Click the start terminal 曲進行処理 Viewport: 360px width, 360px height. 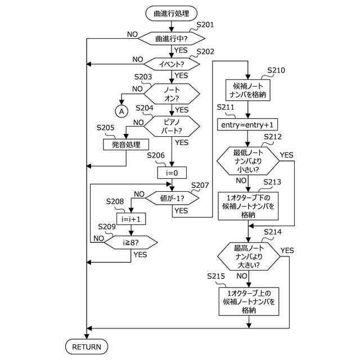[172, 12]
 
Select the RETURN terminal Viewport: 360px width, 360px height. [87, 347]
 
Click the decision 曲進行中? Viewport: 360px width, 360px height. [172, 38]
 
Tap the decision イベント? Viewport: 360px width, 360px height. [172, 64]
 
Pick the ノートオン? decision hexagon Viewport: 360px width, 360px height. [172, 94]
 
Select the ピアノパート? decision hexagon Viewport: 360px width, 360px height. [172, 127]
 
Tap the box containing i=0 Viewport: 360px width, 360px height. [172, 172]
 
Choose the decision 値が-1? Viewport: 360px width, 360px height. [172, 198]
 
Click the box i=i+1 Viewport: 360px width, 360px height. [131, 218]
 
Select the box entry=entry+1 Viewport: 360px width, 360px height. [248, 123]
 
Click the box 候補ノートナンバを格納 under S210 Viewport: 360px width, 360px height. [248, 89]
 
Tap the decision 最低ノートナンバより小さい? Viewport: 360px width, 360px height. [248, 161]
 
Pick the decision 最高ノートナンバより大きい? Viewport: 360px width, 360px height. [248, 256]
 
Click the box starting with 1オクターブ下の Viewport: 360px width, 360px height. [248, 206]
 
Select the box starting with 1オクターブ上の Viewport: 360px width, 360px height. [248, 301]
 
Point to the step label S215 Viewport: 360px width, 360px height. [216, 276]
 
